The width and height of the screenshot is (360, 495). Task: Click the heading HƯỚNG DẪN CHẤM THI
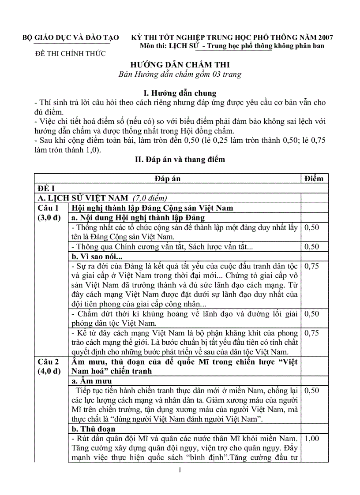[180, 65]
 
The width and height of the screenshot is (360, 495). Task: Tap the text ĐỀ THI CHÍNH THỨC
[71, 54]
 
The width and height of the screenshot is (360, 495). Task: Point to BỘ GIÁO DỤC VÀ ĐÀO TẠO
[71, 38]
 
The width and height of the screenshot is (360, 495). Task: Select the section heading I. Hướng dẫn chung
[180, 93]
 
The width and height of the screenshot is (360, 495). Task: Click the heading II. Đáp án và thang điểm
[180, 160]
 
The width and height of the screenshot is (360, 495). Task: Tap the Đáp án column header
[168, 179]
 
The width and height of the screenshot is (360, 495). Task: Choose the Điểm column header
[314, 179]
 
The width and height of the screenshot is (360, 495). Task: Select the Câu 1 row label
[48, 208]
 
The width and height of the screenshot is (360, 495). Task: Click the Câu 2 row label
[48, 361]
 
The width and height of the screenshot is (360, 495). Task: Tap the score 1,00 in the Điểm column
[312, 439]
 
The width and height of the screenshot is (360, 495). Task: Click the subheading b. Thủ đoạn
[94, 429]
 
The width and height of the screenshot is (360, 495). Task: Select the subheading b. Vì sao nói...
[97, 256]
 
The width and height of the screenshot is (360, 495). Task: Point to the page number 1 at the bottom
[180, 470]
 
